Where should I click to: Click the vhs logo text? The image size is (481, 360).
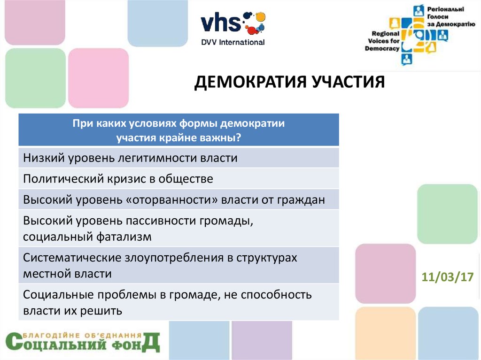click(x=221, y=23)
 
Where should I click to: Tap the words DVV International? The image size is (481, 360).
click(x=233, y=42)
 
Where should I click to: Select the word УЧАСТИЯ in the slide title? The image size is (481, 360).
click(x=349, y=82)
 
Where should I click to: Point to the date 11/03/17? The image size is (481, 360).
click(x=448, y=277)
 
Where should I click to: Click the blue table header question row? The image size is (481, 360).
click(x=178, y=130)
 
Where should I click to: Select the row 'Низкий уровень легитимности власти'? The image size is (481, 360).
click(x=178, y=158)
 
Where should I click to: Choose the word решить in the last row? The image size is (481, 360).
click(x=101, y=311)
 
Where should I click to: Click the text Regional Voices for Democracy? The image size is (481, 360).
click(x=382, y=41)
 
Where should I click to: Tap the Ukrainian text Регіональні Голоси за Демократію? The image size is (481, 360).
click(x=451, y=16)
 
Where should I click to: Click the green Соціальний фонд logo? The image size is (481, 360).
click(x=83, y=342)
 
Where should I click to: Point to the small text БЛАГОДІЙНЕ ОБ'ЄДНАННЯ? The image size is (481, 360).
click(x=82, y=336)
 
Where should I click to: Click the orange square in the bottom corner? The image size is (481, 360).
click(x=386, y=333)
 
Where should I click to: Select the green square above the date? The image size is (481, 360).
click(x=448, y=214)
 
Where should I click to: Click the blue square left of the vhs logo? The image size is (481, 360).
click(x=158, y=23)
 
